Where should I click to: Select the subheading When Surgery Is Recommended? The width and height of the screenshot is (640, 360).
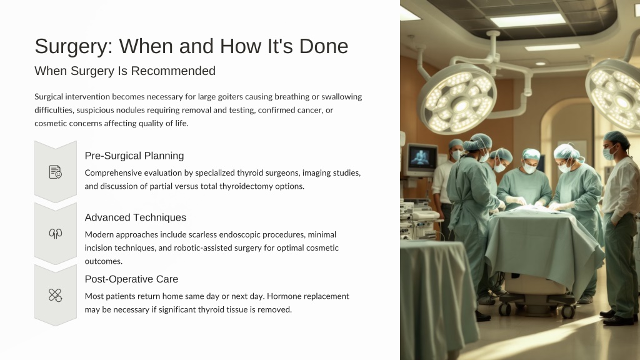[x=125, y=71]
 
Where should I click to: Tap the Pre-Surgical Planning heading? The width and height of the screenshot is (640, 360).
[x=134, y=156]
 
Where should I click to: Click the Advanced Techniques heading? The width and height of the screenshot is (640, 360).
[x=136, y=217]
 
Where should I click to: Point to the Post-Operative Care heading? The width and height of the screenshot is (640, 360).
[x=131, y=279]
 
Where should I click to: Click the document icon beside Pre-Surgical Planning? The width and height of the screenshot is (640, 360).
[x=56, y=172]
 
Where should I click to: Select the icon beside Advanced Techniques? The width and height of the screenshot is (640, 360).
[x=56, y=234]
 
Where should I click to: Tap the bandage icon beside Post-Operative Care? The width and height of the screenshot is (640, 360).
[x=56, y=295]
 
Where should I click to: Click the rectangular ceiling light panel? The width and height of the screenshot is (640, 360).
[x=527, y=20]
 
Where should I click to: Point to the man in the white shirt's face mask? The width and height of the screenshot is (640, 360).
[x=609, y=154]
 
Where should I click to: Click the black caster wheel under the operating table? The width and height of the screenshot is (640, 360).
[x=567, y=312]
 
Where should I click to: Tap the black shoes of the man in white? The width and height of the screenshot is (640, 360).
[x=617, y=317]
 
